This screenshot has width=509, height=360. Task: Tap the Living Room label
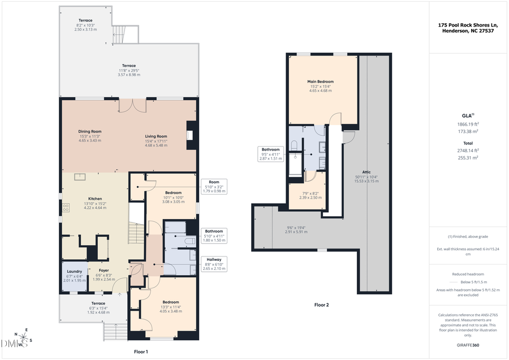click(x=156, y=136)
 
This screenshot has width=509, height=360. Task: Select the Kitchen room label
click(x=95, y=199)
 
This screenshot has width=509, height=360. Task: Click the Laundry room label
click(x=74, y=272)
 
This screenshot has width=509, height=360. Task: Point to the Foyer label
click(x=103, y=271)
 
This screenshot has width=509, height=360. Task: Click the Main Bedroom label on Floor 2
click(x=320, y=82)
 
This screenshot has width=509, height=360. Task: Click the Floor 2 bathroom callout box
click(x=270, y=155)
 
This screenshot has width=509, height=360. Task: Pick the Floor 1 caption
click(x=141, y=352)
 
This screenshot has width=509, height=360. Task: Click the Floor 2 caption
click(x=321, y=305)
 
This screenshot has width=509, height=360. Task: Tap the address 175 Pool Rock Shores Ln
click(x=468, y=25)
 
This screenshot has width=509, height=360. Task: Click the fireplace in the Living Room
click(x=191, y=135)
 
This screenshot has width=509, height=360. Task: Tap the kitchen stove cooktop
click(x=66, y=208)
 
